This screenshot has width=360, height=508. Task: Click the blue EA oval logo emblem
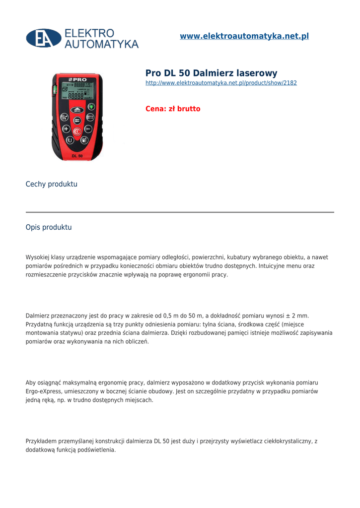tap(44, 38)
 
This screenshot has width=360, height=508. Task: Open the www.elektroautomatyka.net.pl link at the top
tap(244, 36)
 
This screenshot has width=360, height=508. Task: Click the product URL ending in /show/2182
tap(221, 83)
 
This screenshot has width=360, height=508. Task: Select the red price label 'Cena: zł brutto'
tap(173, 109)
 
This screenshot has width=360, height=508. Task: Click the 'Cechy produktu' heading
tap(52, 184)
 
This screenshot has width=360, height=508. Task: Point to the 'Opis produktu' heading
tap(49, 227)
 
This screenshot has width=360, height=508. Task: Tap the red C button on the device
tap(77, 131)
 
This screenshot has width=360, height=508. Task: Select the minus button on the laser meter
tap(88, 129)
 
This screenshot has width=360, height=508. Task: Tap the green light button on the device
tap(91, 107)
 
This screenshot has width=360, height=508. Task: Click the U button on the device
tap(70, 140)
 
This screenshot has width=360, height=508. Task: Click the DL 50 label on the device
tap(77, 156)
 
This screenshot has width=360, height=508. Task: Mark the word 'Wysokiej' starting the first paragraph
tap(38, 257)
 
